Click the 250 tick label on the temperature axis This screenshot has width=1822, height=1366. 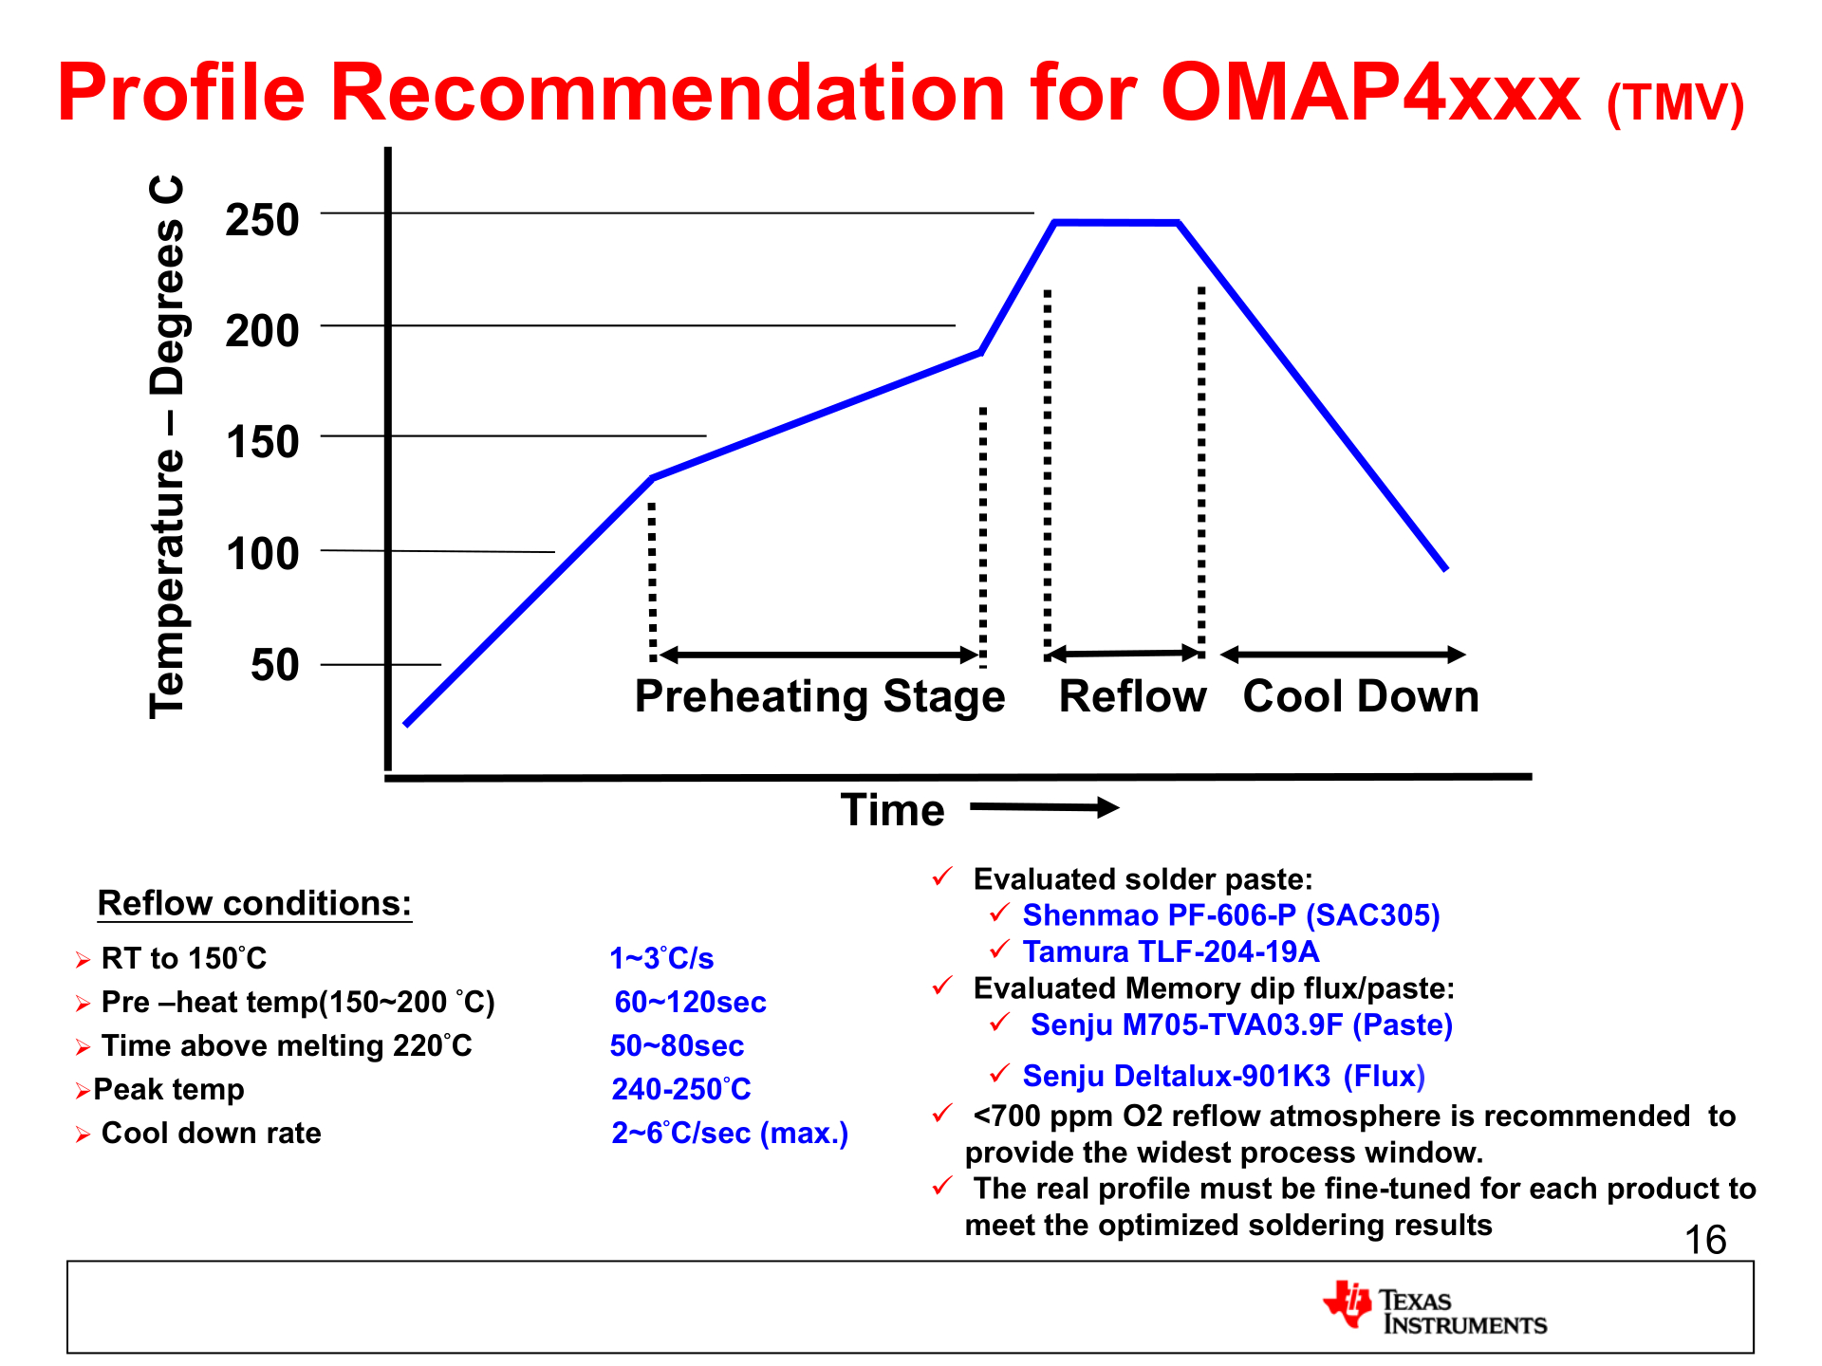point(262,220)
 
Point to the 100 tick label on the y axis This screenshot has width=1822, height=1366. point(262,554)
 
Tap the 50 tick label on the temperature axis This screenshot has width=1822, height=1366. point(274,665)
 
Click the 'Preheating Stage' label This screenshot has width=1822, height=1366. point(820,697)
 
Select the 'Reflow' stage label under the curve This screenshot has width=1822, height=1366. point(1132,697)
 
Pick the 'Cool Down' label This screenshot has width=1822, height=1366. point(1361,697)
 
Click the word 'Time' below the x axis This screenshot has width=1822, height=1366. point(893,811)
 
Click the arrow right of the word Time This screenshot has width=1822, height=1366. point(1044,808)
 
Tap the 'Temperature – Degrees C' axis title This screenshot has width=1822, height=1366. point(168,446)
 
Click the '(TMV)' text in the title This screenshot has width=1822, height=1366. point(1675,103)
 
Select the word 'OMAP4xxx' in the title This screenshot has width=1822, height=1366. point(1369,93)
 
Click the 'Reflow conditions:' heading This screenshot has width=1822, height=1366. point(254,903)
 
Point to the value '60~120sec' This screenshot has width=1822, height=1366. point(690,1003)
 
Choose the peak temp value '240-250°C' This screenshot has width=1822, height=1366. point(680,1089)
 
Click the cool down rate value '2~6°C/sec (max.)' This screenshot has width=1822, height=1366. point(729,1134)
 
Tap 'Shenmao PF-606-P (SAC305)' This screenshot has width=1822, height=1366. point(1231,915)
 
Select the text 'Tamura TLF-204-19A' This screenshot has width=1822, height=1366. point(1170,951)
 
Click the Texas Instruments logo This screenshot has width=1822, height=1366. point(1434,1309)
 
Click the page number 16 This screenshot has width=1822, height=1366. point(1704,1241)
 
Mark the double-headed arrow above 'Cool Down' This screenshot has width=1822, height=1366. point(1343,655)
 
